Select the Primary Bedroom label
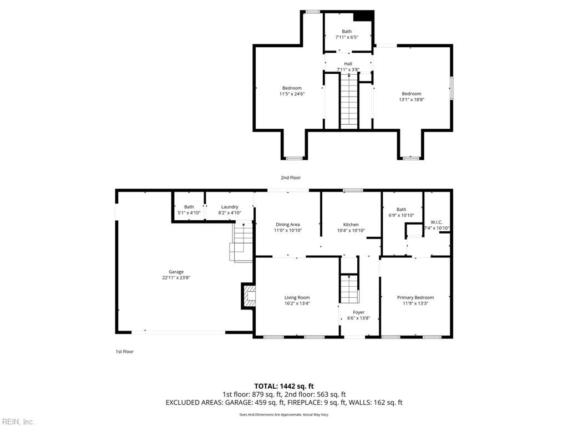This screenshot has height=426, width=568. click(x=415, y=298)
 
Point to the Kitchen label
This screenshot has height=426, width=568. click(x=351, y=225)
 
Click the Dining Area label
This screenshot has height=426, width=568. click(x=287, y=225)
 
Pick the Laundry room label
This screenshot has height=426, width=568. click(x=229, y=207)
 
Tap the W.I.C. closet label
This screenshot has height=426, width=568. click(x=437, y=222)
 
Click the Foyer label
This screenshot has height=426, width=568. click(x=358, y=312)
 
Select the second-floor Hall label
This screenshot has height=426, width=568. click(x=348, y=64)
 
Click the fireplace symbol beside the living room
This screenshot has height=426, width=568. click(x=248, y=296)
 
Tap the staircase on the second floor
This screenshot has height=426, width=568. click(x=349, y=103)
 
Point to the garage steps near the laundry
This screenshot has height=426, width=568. click(x=242, y=242)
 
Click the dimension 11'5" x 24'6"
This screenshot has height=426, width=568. click(x=292, y=94)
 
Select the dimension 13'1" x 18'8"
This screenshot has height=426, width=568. click(x=412, y=100)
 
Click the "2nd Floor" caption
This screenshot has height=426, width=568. click(x=291, y=177)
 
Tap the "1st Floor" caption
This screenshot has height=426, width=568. click(x=124, y=352)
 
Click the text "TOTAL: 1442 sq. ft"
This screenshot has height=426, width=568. click(x=284, y=386)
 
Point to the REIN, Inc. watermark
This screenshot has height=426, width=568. click(x=18, y=422)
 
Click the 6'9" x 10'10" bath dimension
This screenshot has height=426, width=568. click(x=401, y=215)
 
